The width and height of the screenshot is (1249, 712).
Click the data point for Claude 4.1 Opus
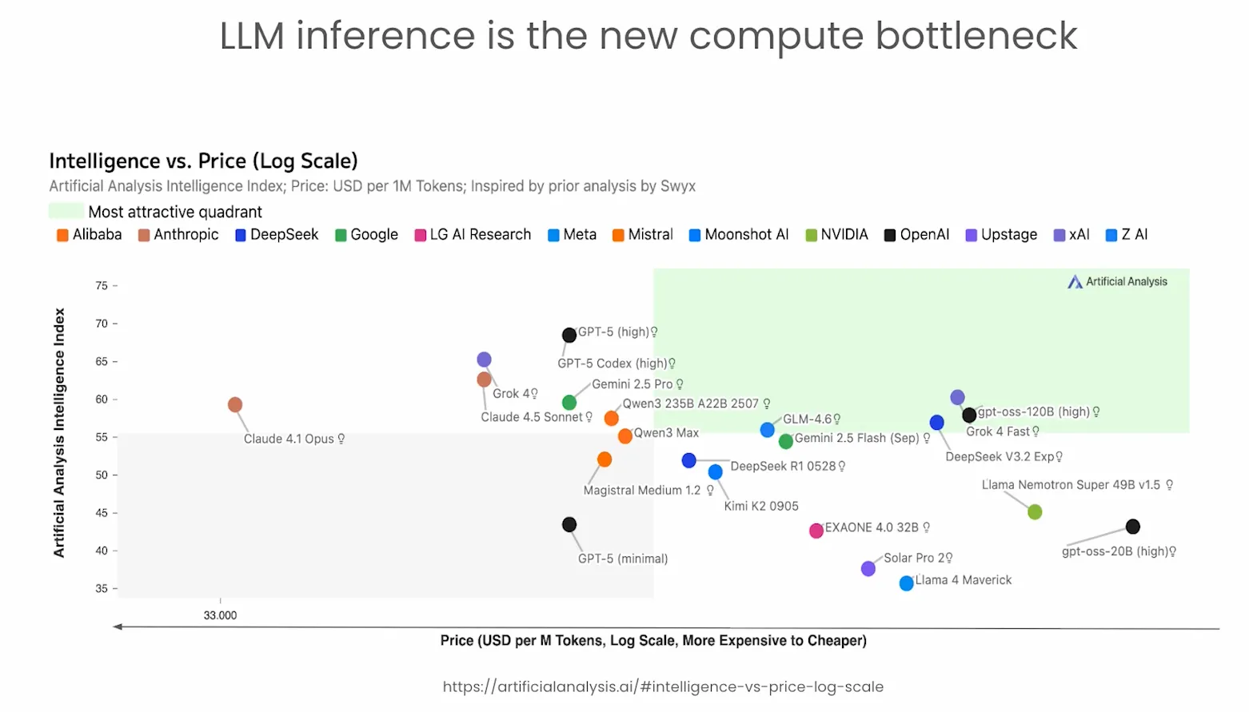[x=235, y=405]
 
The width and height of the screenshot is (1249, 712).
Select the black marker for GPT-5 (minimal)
[x=569, y=525]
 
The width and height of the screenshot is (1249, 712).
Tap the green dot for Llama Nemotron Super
[x=1035, y=512]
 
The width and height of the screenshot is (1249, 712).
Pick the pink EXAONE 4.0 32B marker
[x=816, y=531]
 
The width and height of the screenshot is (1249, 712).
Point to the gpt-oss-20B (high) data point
[x=1133, y=527]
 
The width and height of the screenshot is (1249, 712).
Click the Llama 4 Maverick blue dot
[x=907, y=583]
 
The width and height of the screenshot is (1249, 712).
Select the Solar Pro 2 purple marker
[x=868, y=569]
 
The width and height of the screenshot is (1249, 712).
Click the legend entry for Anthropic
[x=178, y=235]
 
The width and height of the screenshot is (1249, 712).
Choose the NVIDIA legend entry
[x=836, y=235]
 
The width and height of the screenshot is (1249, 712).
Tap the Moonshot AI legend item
[x=739, y=235]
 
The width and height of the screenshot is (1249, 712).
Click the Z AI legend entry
[x=1127, y=235]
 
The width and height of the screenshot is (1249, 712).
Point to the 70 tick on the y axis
[x=102, y=324]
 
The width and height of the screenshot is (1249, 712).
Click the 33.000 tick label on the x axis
[x=220, y=615]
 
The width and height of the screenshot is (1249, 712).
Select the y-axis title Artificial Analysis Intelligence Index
[x=59, y=432]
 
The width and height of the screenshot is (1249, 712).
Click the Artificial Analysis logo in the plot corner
[x=1118, y=282]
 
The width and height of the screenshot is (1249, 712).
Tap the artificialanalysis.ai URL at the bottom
[x=663, y=686]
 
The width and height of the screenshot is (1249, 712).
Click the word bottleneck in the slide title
[x=976, y=36]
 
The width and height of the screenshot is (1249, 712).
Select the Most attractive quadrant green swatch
[x=66, y=212]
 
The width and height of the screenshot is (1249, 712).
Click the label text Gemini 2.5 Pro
[x=632, y=384]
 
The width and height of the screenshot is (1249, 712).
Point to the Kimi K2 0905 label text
[x=761, y=506]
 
